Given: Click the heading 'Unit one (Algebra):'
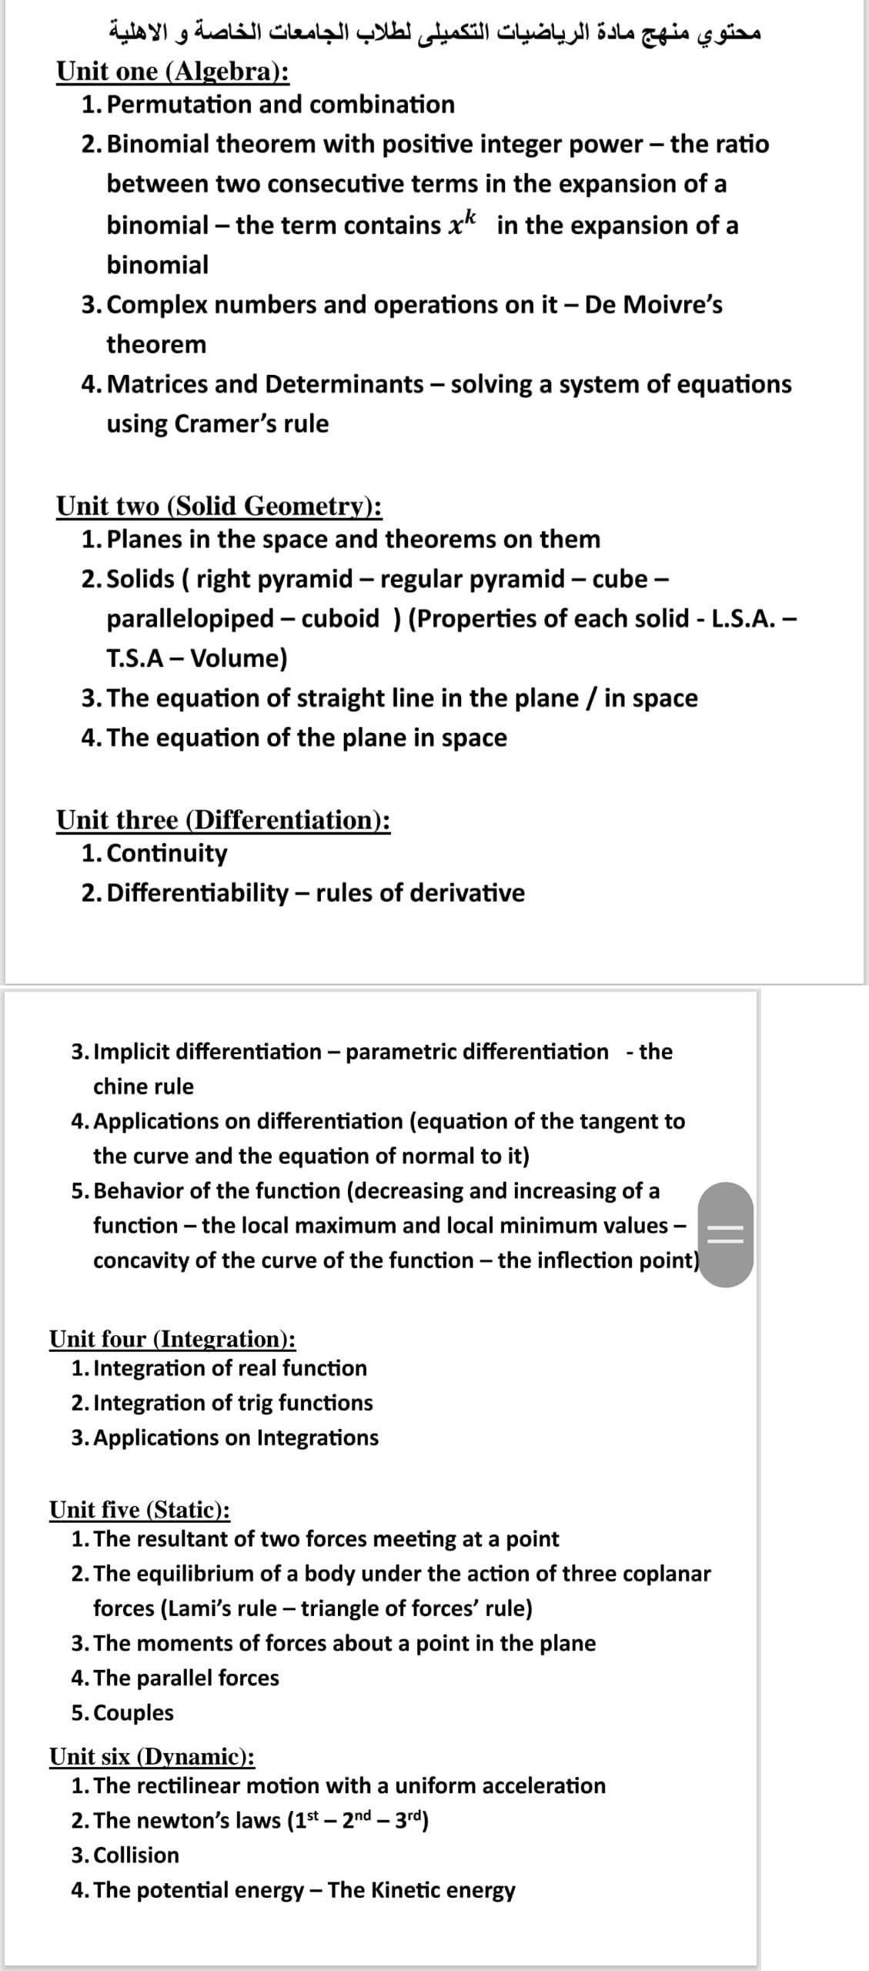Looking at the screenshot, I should tap(173, 71).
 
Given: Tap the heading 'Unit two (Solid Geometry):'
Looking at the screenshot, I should tap(219, 506).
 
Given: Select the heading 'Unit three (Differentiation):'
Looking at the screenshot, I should tap(223, 820).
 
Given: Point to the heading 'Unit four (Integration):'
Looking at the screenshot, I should tap(172, 1339).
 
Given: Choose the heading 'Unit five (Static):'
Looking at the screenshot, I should tap(139, 1510).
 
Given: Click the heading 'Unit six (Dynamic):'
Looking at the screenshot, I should tap(152, 1756).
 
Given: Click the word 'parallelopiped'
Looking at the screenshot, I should tap(190, 618).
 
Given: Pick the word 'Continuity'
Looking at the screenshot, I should tap(167, 853).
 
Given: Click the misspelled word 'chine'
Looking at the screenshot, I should tap(122, 1086).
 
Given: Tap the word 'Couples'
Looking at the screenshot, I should tap(133, 1712).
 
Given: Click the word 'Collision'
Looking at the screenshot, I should tap(135, 1855).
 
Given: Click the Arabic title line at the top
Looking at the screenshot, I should tap(434, 35).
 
